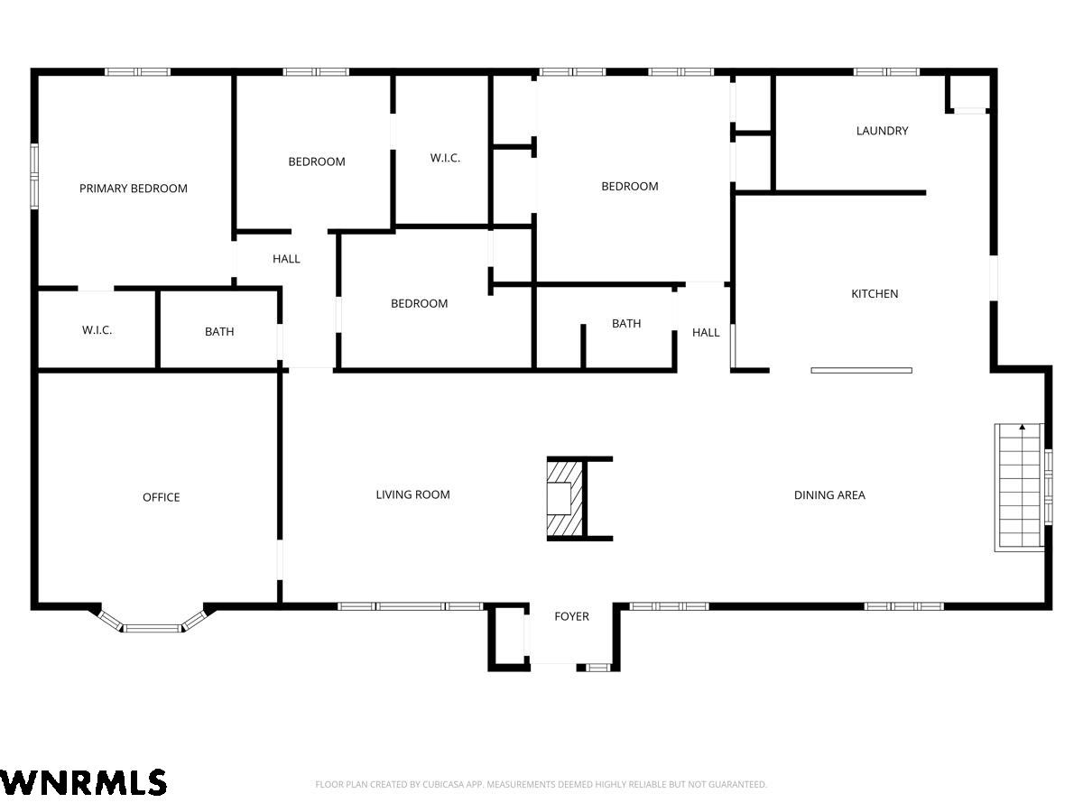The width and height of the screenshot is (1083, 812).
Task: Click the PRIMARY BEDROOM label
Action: click(x=134, y=189)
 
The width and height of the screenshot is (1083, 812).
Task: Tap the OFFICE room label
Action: click(x=161, y=497)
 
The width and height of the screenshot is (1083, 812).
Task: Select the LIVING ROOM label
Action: click(x=412, y=494)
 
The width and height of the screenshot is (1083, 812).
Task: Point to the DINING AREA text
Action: click(x=828, y=495)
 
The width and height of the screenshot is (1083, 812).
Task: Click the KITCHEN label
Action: click(x=875, y=294)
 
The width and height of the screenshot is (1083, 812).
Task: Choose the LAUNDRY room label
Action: click(x=882, y=131)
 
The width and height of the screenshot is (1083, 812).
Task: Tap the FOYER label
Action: click(x=571, y=616)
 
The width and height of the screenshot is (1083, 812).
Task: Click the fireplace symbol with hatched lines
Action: click(x=564, y=499)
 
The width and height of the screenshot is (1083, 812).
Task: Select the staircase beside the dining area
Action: click(x=1018, y=486)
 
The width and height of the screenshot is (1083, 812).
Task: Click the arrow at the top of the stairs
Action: click(x=1023, y=427)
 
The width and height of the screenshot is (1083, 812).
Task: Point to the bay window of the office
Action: click(x=152, y=623)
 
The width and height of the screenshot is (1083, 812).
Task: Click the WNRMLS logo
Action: click(x=82, y=782)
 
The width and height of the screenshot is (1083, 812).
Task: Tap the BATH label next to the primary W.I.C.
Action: click(x=219, y=332)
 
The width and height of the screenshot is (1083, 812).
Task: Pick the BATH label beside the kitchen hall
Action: click(x=626, y=323)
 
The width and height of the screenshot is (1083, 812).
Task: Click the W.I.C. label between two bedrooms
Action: click(x=445, y=158)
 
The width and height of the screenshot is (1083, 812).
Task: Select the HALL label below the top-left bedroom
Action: click(x=286, y=259)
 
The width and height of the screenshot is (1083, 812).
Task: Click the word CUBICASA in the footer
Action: click(x=440, y=784)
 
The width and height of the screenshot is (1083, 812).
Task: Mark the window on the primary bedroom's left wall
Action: click(x=34, y=175)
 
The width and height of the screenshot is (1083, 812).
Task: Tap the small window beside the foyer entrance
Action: click(x=598, y=668)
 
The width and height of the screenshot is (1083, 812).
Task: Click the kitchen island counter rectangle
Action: click(x=861, y=370)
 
